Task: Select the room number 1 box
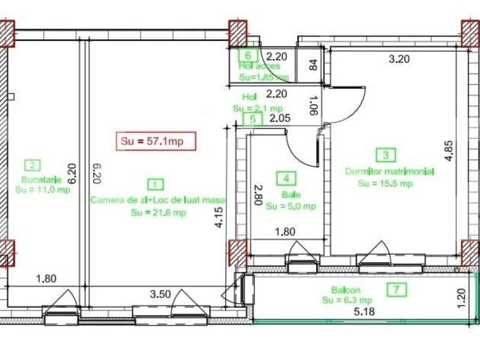154,184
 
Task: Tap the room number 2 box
32,165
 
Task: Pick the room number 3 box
386,155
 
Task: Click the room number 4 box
286,179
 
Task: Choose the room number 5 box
252,119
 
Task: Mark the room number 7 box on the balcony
396,289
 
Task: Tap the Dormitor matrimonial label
390,171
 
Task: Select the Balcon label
345,290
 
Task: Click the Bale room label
287,194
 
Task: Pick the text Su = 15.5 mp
385,183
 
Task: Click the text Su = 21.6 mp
158,213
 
